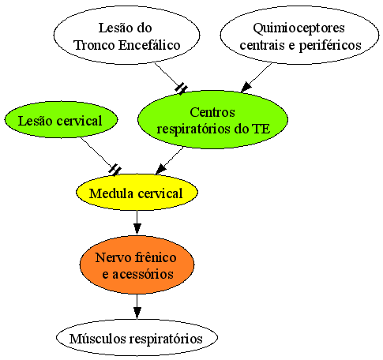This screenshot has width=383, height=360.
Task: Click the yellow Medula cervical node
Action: point(137,193)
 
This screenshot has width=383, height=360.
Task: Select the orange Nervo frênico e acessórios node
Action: point(137,264)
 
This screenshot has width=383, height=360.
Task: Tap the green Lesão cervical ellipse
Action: point(61,120)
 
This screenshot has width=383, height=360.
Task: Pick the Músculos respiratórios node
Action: point(137,338)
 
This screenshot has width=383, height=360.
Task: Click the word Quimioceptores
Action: point(299,28)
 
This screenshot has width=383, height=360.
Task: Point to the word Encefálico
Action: point(149,45)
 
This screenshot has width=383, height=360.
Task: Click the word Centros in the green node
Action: point(212,112)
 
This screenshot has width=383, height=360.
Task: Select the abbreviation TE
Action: point(261,129)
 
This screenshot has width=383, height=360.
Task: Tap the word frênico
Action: point(156,257)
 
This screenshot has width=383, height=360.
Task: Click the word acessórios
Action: point(143,274)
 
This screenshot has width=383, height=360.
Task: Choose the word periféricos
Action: point(330,45)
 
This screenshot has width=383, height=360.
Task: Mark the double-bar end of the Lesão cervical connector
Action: point(115,170)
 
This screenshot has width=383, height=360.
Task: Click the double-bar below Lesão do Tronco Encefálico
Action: point(182,88)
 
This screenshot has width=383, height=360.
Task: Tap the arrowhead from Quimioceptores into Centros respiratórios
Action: point(246,87)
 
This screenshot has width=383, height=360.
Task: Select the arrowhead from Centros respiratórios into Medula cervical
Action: point(161,169)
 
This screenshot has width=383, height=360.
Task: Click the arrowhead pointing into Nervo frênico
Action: point(137,229)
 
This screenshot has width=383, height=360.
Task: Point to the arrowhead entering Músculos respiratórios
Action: point(137,313)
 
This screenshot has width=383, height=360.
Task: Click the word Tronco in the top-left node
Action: point(95,45)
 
